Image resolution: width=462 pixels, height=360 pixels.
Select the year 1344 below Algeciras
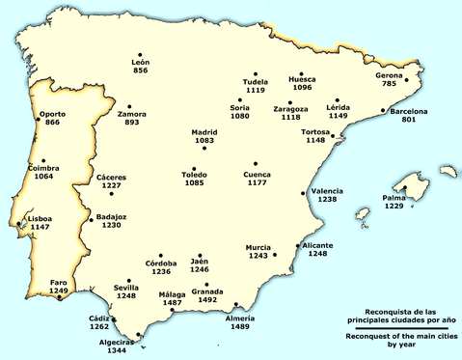pyautogui.click(x=118, y=351)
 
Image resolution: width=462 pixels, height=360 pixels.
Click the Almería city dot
pyautogui.click(x=235, y=304)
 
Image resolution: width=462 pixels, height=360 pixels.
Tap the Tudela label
pyautogui.click(x=256, y=82)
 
